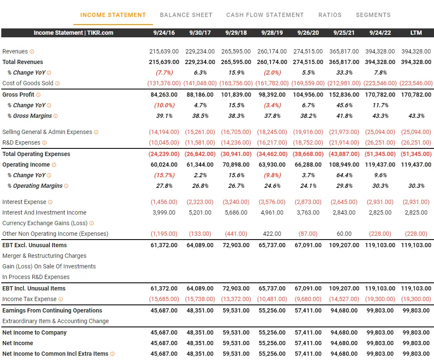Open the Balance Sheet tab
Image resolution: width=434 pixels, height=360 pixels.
[x=186, y=15]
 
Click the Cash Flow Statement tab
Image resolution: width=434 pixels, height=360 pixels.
[x=265, y=15]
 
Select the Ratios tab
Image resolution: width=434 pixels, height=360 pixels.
[x=330, y=15]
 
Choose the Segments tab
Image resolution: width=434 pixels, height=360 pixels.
[x=373, y=15]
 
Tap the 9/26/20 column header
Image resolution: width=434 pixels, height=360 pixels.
[x=308, y=33]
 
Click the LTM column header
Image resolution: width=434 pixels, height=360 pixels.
[x=416, y=33]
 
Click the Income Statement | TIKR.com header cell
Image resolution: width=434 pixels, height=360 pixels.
[x=73, y=33]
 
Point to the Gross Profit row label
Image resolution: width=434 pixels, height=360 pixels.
[x=18, y=95]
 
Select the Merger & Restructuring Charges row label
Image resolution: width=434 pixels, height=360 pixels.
[x=44, y=256]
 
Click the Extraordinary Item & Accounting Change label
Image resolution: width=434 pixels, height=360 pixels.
[x=56, y=321]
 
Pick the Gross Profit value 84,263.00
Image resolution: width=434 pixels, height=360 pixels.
[x=164, y=95]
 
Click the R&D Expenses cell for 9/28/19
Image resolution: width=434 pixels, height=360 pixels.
[x=272, y=142]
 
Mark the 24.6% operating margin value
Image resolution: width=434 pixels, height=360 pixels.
[x=272, y=186]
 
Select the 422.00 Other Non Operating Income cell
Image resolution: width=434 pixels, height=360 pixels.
[x=272, y=234]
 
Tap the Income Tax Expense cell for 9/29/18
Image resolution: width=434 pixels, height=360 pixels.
[x=236, y=299]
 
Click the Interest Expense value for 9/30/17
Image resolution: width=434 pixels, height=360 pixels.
[x=200, y=202]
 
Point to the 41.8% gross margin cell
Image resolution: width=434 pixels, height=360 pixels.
[x=344, y=116]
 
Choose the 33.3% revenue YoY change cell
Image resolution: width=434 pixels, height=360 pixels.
[x=344, y=73]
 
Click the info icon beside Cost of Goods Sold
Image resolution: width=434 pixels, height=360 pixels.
[x=57, y=84]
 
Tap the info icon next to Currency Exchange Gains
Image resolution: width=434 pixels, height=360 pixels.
[x=92, y=223]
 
